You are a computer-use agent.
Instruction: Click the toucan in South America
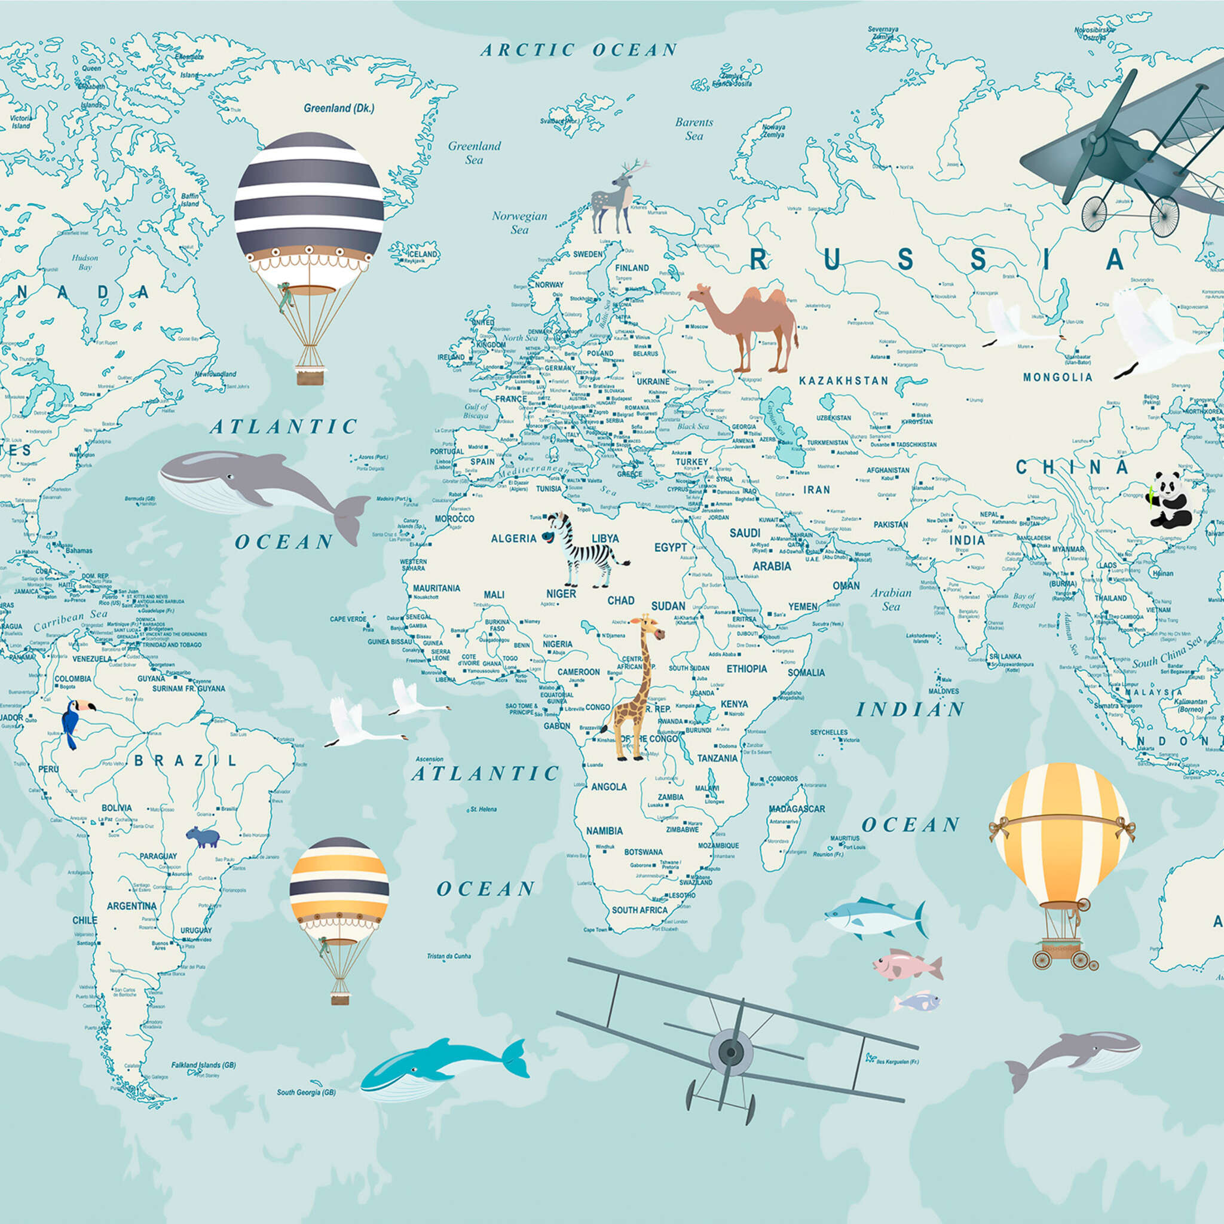pos(74,721)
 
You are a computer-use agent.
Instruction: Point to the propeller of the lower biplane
pos(730,1052)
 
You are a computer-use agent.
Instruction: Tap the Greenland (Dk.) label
pos(339,108)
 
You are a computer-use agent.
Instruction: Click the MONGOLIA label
pos(1057,378)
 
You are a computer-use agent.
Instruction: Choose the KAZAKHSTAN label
pos(843,381)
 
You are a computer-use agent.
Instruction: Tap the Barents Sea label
pos(694,128)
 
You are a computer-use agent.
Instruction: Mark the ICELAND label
pos(421,254)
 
